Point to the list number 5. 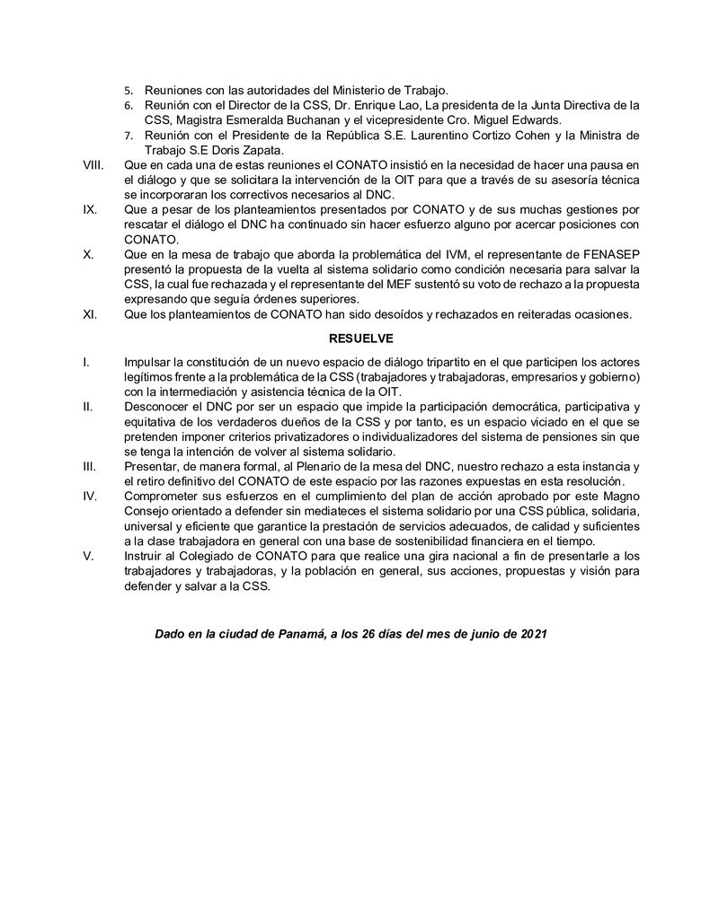point(128,91)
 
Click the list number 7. point(128,136)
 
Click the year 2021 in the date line point(532,634)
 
